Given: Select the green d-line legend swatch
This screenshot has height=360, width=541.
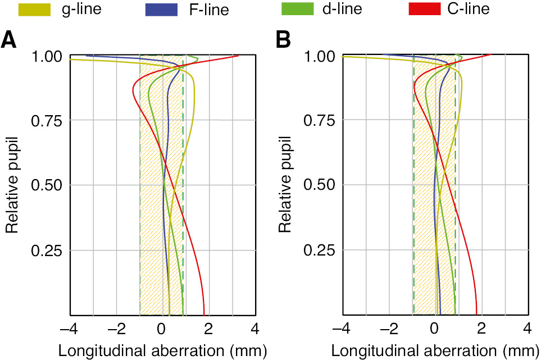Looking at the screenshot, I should coord(297,9).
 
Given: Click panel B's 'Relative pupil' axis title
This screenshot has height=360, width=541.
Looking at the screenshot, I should coord(285,185).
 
